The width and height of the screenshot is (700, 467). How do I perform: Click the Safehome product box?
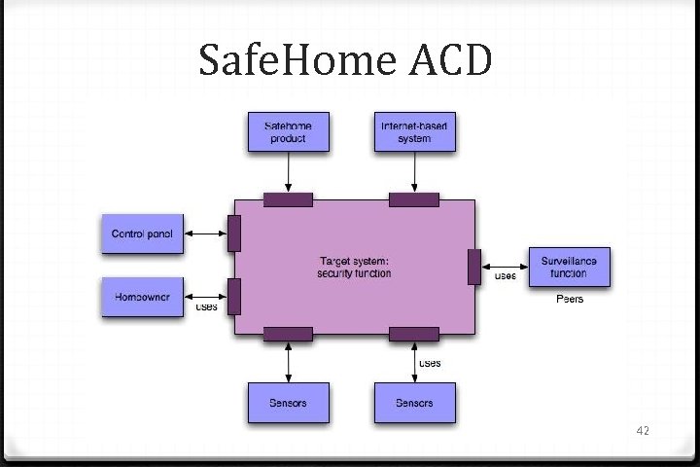tap(288, 131)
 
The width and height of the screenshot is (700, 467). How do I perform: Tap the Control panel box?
tap(142, 233)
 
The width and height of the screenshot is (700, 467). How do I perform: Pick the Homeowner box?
tap(142, 297)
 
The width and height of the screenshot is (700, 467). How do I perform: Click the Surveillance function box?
tap(570, 267)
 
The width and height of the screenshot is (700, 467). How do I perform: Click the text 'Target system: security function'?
tap(354, 267)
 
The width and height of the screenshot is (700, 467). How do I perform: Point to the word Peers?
tap(570, 299)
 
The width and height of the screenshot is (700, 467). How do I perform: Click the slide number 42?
tap(642, 429)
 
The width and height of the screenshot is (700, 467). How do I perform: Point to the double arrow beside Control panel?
tap(205, 233)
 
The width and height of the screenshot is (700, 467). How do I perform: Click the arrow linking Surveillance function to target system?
tap(505, 267)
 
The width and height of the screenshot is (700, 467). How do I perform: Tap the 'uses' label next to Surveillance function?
tap(507, 276)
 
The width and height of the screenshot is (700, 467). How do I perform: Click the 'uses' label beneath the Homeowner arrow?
tap(206, 306)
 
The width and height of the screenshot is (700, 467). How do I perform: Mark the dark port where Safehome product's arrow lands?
tap(288, 199)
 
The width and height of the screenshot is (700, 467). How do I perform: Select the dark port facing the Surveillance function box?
tap(473, 267)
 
